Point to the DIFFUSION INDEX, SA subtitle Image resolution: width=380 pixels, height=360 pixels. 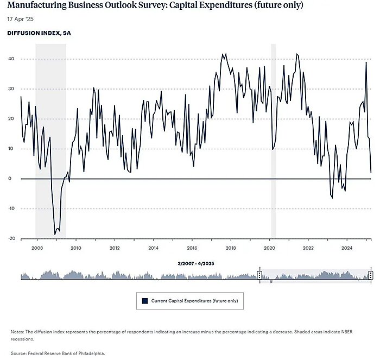[39, 33]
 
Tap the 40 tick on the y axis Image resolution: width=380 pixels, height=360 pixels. [11, 59]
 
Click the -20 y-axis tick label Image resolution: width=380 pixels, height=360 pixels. [10, 238]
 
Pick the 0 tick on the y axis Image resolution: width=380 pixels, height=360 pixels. [12, 179]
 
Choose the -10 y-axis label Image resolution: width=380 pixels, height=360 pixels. [10, 209]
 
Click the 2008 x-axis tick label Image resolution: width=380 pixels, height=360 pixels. [37, 248]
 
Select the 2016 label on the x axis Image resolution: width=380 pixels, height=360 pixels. [192, 248]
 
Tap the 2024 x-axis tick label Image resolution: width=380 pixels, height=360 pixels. [347, 248]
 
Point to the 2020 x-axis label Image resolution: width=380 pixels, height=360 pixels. [270, 248]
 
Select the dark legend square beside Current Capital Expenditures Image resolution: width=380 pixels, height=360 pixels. [145, 300]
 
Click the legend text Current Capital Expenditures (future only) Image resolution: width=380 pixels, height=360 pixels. [194, 300]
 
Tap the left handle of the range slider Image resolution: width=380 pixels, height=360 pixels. [259, 275]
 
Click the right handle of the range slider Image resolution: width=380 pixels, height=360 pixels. [371, 275]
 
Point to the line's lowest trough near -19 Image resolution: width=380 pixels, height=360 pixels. [55, 234]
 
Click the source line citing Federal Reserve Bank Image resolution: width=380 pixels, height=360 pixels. [58, 353]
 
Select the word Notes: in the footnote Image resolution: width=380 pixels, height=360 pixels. [17, 332]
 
